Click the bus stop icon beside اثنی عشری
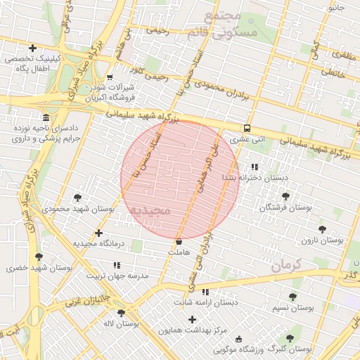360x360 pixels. [x=247, y=128]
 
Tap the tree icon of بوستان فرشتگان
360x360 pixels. [x=285, y=196]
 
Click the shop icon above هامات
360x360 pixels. [x=179, y=241]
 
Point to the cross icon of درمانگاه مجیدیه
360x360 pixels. [x=98, y=233]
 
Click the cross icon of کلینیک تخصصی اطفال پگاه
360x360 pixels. [x=32, y=47]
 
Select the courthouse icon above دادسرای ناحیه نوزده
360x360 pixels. [x=46, y=117]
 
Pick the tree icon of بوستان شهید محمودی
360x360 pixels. [x=77, y=198]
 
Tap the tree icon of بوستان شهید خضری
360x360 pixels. [x=38, y=257]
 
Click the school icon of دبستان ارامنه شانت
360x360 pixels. [x=205, y=292]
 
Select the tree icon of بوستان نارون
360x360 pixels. [x=322, y=229]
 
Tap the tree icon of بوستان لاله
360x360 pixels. [x=121, y=313]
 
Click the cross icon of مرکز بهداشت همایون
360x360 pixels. [x=192, y=319]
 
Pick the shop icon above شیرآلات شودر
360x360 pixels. [x=109, y=78]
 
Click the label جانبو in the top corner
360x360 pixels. [x=336, y=8]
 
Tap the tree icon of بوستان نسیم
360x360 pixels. [x=292, y=297]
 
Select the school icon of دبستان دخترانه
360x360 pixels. [x=254, y=167]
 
